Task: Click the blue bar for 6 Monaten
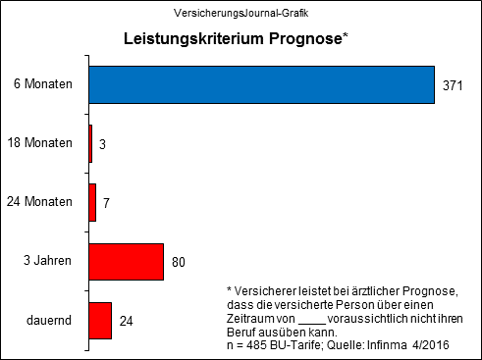[x=261, y=84]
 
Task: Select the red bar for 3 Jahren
[x=126, y=262]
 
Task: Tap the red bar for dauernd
[x=100, y=321]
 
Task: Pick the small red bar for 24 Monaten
[x=92, y=202]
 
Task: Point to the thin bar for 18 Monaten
[x=90, y=143]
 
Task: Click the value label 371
[x=453, y=86]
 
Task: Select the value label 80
[x=179, y=263]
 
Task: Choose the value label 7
[x=106, y=203]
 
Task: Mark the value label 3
[x=102, y=144]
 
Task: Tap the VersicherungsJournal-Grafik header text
[x=240, y=13]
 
